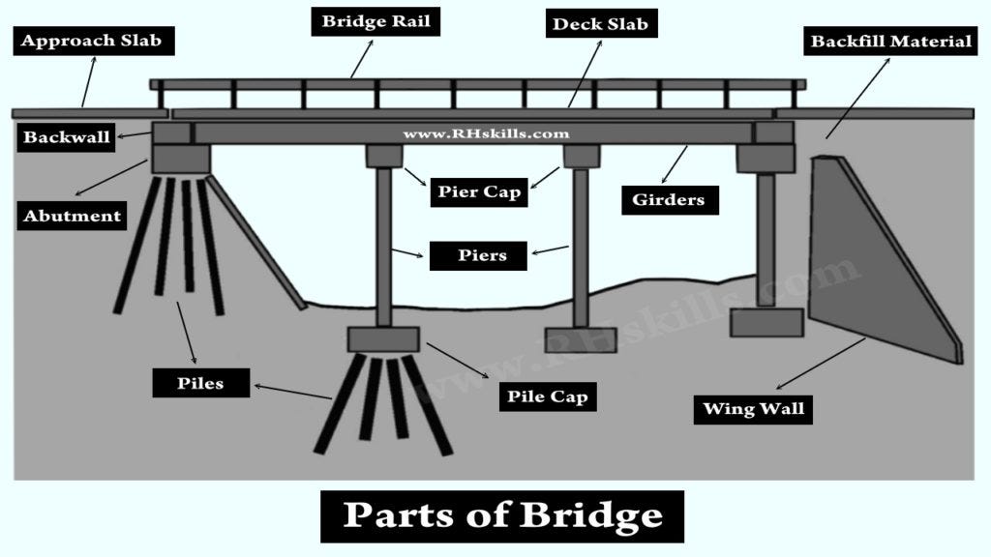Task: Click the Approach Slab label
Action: coord(91,41)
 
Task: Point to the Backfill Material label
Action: coord(890,42)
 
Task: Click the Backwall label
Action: coord(67,137)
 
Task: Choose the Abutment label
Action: coord(73,216)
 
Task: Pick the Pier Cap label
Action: coord(477,191)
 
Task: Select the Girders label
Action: coord(669,200)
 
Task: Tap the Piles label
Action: coord(200,383)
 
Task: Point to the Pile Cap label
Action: coord(548,396)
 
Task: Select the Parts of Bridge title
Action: coord(502,515)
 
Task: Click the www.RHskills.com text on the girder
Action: coord(486,133)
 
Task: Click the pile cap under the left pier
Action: coord(383,339)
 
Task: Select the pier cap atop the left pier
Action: coord(384,156)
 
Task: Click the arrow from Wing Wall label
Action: coord(822,363)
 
